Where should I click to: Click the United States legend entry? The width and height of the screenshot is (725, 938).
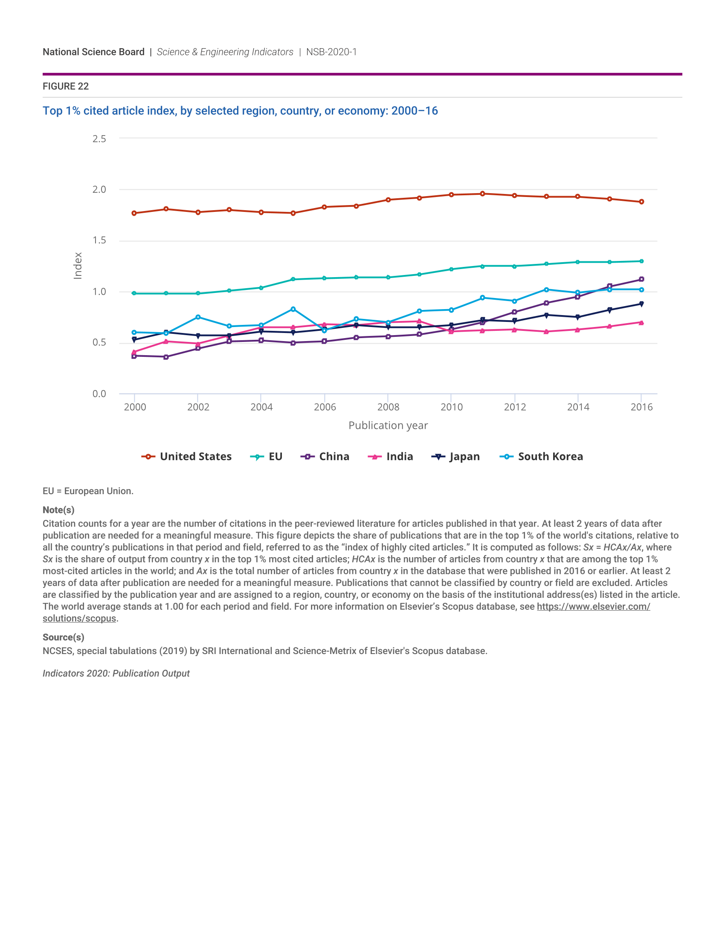tap(186, 457)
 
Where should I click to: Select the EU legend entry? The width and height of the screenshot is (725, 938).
tap(266, 457)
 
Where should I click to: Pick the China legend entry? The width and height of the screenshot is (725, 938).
tap(325, 457)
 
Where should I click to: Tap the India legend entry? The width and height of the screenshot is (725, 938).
tap(390, 457)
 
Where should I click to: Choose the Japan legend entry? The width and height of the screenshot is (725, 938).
tap(456, 457)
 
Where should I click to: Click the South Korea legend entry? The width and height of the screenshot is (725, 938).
tap(542, 457)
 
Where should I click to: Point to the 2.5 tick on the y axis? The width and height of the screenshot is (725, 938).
tap(99, 139)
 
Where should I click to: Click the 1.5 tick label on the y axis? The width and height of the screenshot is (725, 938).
tap(99, 240)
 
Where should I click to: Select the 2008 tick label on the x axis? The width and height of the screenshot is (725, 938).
tap(388, 407)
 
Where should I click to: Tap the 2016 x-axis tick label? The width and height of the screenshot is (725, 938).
tap(641, 407)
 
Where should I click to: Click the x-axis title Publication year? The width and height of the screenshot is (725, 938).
tap(388, 426)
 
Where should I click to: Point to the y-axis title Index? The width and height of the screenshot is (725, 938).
tap(78, 266)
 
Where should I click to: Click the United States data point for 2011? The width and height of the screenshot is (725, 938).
tap(482, 194)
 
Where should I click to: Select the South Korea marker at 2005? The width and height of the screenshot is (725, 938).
tap(293, 309)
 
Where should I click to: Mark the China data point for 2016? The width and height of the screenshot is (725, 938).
tap(641, 279)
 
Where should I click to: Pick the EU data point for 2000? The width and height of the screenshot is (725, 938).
tap(134, 293)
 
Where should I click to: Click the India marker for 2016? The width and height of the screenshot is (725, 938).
tap(641, 323)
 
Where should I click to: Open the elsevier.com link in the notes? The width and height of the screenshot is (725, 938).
tap(593, 606)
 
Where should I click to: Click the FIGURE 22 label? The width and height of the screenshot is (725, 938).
tap(66, 86)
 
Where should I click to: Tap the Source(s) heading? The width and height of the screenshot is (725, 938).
tap(64, 637)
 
